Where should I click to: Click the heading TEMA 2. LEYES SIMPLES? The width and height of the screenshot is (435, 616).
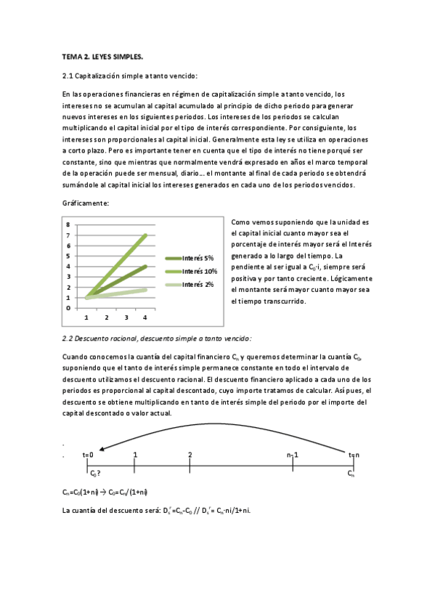(102, 56)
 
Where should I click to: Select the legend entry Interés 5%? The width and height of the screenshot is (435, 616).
(198, 258)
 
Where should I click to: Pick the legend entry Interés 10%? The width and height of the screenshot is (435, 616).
(199, 271)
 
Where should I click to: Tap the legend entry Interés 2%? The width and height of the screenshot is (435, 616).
(198, 284)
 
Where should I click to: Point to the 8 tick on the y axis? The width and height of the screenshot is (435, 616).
(68, 225)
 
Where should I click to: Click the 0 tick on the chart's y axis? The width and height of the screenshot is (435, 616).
(68, 308)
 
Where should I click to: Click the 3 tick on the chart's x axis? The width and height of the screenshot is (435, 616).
(126, 318)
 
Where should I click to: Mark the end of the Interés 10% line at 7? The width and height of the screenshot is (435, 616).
(146, 235)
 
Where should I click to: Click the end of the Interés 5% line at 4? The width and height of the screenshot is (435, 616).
(146, 267)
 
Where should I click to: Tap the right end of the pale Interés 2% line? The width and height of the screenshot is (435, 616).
(146, 290)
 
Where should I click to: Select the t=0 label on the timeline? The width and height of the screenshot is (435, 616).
(89, 455)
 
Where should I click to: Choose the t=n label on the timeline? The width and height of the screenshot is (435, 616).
(353, 455)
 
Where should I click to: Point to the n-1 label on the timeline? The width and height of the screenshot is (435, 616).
(293, 455)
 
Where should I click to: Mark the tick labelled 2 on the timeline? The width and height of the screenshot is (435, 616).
(190, 455)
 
